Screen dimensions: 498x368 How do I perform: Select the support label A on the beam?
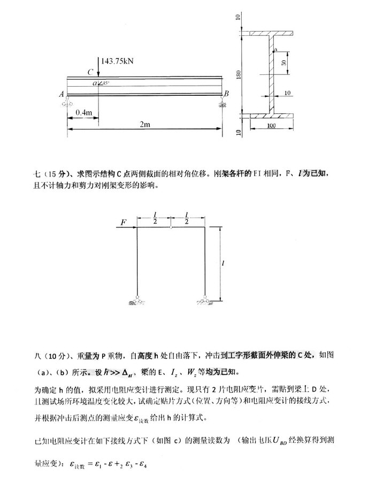[x=62, y=94]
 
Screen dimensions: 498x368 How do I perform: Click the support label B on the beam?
[x=226, y=94]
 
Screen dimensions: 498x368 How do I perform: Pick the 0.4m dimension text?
[x=83, y=112]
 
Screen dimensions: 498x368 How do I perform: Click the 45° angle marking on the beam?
[x=106, y=83]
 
